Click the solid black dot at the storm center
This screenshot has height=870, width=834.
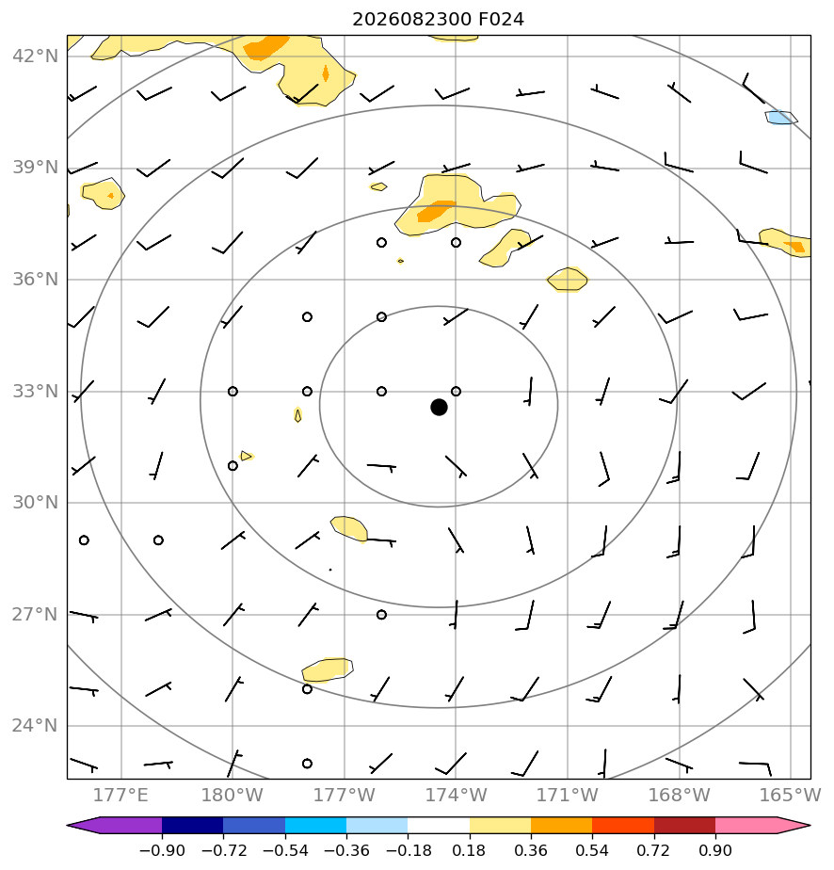439,408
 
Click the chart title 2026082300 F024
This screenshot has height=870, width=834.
438,20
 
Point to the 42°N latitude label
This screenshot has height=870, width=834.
35,56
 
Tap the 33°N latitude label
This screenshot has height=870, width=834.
35,391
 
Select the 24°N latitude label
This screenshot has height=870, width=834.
35,726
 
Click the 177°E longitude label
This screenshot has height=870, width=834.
120,795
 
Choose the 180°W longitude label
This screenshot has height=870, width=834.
232,795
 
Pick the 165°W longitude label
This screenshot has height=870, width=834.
790,795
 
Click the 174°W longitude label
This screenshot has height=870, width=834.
456,795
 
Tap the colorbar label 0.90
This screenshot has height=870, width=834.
715,850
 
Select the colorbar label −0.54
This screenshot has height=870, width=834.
285,850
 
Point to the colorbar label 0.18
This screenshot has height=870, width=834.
469,850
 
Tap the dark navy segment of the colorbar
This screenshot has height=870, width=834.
192,826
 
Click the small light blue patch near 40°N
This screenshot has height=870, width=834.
780,118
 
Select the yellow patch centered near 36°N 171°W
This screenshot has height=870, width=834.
568,279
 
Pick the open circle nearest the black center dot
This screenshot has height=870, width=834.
456,391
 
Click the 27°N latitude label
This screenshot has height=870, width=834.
35,614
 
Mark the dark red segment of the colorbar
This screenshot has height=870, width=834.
685,826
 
